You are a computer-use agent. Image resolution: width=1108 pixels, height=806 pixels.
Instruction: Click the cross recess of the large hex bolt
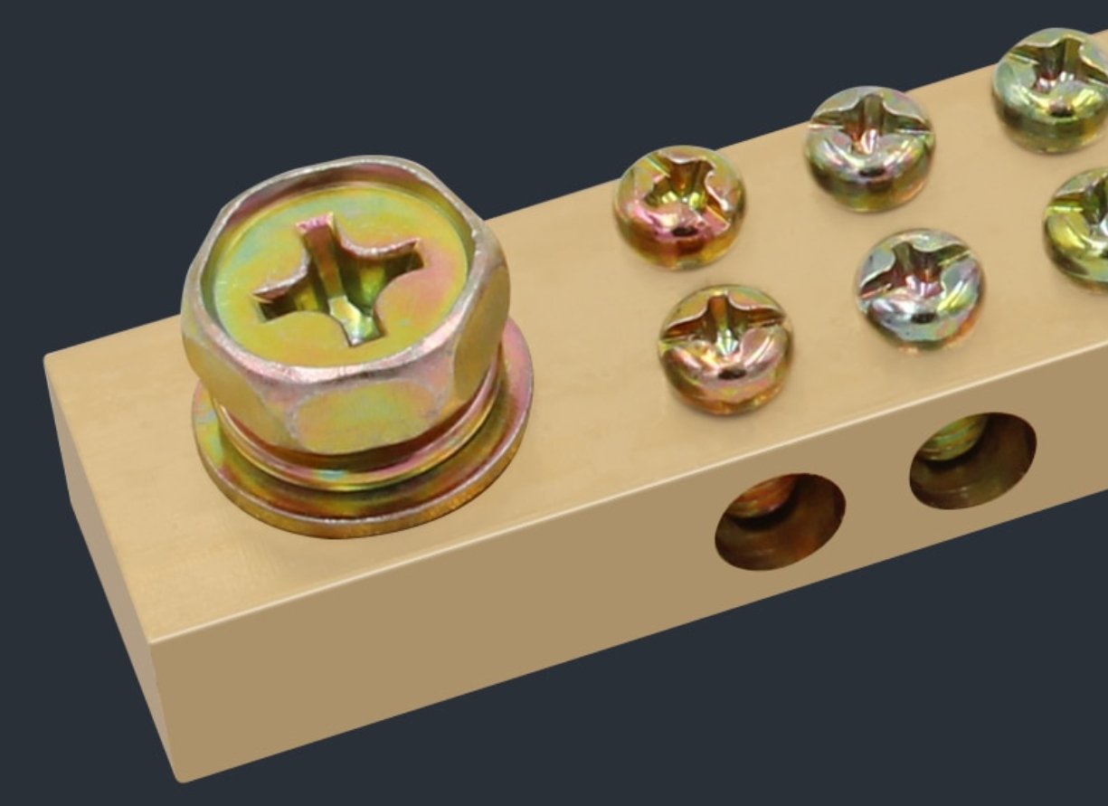coord(339,277)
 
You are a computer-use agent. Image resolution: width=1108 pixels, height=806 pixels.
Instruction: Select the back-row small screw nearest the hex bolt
coord(679,206)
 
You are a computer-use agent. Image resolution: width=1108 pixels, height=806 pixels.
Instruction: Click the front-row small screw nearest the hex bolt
coord(725,349)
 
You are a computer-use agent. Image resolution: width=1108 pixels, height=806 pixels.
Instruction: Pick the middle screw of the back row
coord(869,147)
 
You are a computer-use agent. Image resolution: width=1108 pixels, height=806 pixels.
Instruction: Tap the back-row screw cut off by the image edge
coord(1053,88)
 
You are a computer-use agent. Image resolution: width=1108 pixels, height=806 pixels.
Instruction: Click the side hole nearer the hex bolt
coord(780,522)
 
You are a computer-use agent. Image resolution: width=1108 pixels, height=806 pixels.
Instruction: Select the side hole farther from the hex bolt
coord(972,460)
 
